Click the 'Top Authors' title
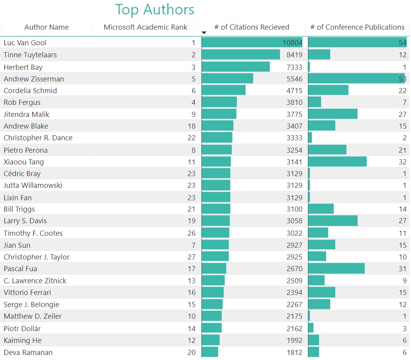[155, 9]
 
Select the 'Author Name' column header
[46, 27]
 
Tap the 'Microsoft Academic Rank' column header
[145, 27]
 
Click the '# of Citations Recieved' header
[251, 27]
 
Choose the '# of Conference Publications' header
[357, 27]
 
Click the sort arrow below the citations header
[204, 33]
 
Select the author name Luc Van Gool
[25, 43]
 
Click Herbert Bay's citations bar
[235, 67]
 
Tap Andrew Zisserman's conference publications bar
[356, 79]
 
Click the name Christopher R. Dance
[38, 138]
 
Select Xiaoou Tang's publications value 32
[402, 162]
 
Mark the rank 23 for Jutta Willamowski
[191, 185]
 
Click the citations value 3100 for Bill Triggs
[294, 209]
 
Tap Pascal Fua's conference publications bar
[336, 268]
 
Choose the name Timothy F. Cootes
[33, 233]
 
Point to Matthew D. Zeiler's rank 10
[191, 316]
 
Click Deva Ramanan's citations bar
[210, 352]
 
